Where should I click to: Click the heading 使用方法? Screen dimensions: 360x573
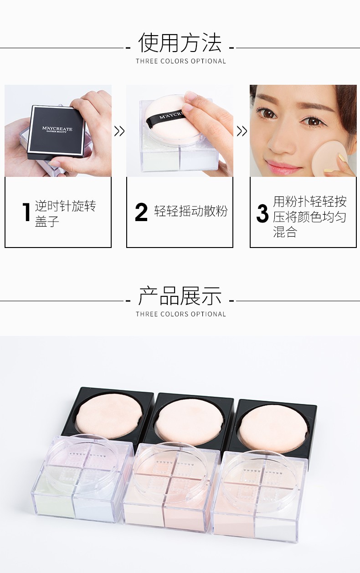[180, 42]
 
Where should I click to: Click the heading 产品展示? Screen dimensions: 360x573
[180, 296]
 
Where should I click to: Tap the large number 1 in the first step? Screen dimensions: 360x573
[26, 212]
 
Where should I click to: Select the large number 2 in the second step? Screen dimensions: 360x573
[141, 212]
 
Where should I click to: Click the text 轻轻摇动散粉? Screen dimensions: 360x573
[191, 212]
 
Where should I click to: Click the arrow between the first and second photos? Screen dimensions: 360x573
[119, 131]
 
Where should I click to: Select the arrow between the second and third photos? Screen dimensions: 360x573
[242, 131]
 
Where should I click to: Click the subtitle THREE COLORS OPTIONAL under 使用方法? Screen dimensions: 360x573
[181, 61]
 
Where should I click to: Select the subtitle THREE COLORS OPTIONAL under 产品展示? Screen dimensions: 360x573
[181, 314]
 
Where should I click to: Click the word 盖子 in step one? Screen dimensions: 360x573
[47, 221]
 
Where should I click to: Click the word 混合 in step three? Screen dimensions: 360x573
[285, 232]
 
